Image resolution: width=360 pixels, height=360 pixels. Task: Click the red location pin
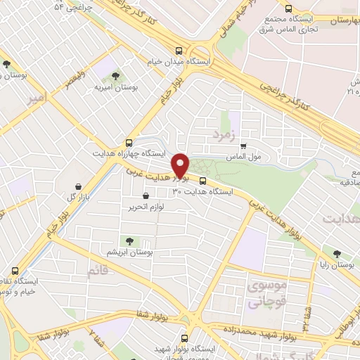coord(182,165)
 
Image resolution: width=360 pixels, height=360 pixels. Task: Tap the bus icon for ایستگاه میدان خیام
coord(179,51)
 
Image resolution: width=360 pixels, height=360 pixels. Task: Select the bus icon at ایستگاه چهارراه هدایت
coord(128,141)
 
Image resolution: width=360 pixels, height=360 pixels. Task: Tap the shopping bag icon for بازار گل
coord(79,186)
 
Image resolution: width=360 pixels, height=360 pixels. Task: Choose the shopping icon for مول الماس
coord(243,146)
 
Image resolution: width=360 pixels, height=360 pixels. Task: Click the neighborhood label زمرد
coord(226,131)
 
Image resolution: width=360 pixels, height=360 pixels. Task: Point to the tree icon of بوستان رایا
coord(337,253)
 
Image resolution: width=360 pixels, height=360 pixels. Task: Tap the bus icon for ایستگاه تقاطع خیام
coord(16,271)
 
